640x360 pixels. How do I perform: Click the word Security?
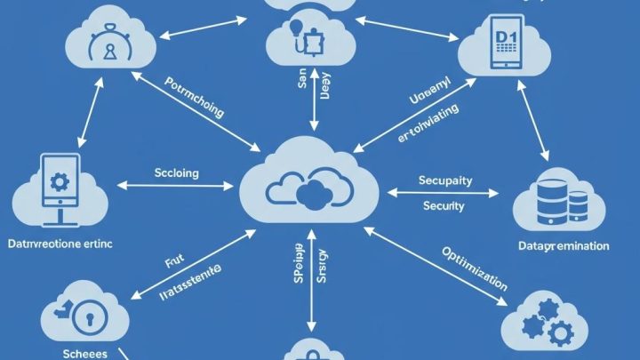[444, 205]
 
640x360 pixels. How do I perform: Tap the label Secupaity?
[444, 180]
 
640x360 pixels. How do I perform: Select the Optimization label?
[474, 268]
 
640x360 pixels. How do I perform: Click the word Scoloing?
[177, 172]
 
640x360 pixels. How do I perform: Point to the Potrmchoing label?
[195, 98]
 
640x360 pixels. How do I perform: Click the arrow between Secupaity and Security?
[444, 193]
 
